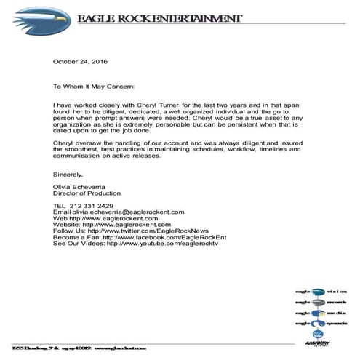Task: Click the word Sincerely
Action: pyautogui.click(x=68, y=175)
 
